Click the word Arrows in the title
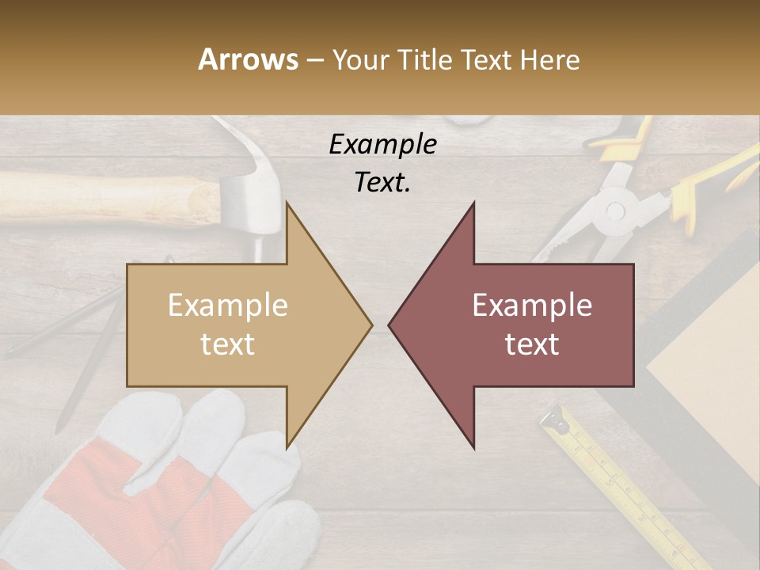pos(248,59)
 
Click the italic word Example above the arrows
pos(382,144)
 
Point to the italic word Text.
pos(382,182)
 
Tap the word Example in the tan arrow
pos(227,306)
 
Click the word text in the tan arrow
pos(227,344)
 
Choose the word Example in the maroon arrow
pos(532,306)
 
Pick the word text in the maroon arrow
pos(532,344)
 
